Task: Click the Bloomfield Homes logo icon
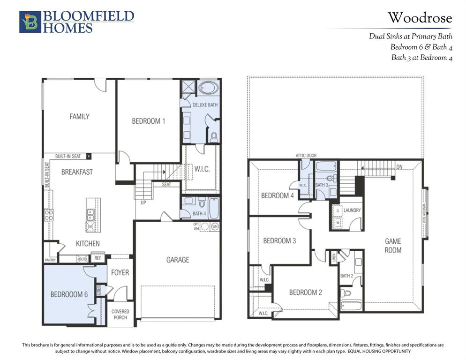[30, 22]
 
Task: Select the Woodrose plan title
[419, 18]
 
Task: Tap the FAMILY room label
[79, 116]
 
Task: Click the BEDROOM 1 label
[148, 121]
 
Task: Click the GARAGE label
[177, 259]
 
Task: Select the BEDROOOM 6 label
[69, 294]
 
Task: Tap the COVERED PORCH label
[120, 314]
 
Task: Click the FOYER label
[120, 272]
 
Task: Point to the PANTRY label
[51, 259]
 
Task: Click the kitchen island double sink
[90, 215]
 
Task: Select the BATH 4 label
[199, 214]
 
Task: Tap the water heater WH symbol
[215, 227]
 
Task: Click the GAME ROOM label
[393, 246]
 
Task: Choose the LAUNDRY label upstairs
[352, 210]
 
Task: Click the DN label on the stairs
[399, 166]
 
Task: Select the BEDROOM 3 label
[279, 241]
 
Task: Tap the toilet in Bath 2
[346, 293]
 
